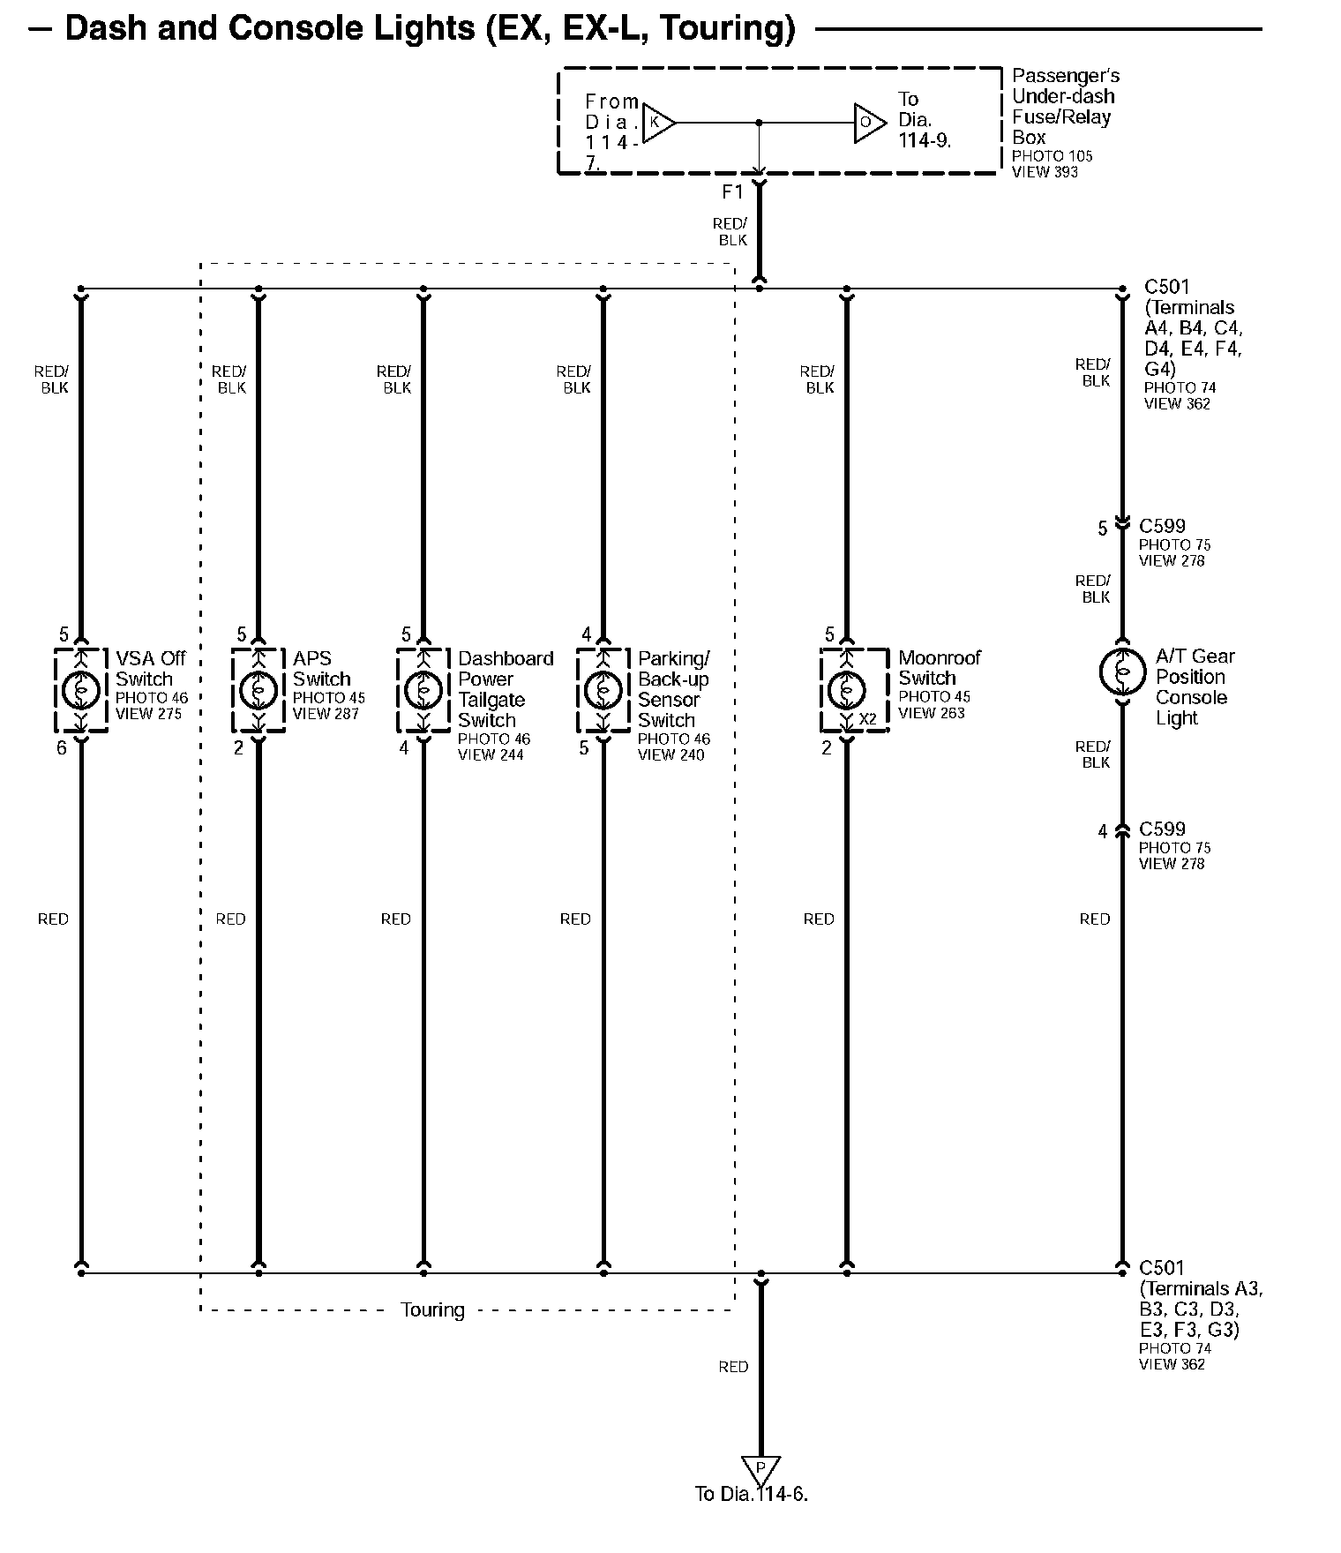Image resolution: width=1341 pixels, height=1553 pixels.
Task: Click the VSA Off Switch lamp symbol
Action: coord(80,689)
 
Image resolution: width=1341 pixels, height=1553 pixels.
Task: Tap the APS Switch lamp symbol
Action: coord(258,689)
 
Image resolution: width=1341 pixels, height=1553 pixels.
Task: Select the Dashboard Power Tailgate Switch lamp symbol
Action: coord(423,689)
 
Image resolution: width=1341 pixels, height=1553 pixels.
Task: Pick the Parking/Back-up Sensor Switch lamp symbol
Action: coord(603,689)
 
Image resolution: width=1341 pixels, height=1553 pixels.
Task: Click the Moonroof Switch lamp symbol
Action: coord(847,689)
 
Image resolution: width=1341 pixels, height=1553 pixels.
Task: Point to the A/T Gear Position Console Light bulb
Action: coord(1122,671)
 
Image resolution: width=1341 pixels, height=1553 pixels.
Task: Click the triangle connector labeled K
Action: coord(657,123)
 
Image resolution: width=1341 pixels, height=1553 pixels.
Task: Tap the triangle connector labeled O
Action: coord(868,123)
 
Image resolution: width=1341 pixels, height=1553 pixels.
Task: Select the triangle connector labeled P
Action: coord(760,1469)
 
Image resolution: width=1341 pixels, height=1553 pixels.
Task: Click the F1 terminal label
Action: coord(732,192)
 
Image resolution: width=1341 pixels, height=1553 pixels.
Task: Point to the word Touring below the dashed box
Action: coord(432,1310)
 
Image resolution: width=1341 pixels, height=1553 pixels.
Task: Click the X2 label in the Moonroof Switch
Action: coord(868,720)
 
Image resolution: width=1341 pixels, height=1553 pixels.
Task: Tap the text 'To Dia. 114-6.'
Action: coord(751,1495)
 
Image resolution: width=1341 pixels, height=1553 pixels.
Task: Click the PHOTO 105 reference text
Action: coord(1052,156)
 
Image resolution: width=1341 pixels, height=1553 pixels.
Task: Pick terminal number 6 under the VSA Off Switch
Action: coord(62,748)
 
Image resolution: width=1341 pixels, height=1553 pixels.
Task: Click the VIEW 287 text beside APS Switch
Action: coord(326,714)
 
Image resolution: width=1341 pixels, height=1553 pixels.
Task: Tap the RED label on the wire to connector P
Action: coord(733,1367)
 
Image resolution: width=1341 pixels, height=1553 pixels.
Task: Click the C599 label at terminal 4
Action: coord(1162,829)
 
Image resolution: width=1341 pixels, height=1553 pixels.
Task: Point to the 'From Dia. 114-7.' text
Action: coord(611,131)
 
